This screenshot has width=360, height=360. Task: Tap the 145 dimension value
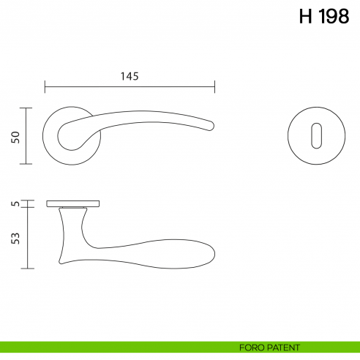click(x=129, y=75)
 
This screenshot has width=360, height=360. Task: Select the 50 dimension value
click(x=15, y=137)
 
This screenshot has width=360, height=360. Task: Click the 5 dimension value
click(x=15, y=203)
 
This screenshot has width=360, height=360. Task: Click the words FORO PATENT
click(x=270, y=348)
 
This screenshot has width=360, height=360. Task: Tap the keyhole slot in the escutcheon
click(x=315, y=135)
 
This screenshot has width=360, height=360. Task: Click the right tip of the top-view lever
click(x=214, y=126)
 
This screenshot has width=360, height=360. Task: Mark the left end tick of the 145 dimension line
click(x=45, y=87)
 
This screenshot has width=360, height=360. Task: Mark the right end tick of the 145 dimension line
click(x=214, y=87)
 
